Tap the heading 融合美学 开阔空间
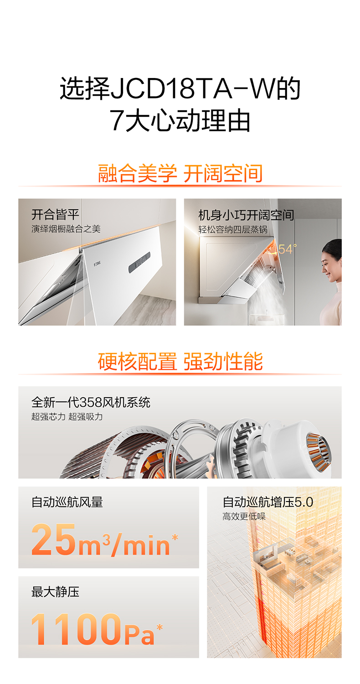pos(180,173)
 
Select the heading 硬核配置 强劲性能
pos(180,361)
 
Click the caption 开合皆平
pos(55,214)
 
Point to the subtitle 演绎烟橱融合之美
pos(66,229)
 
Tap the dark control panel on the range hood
pos(139,260)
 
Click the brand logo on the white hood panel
pos(98,263)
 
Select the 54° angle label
pos(288,249)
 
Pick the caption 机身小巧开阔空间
pos(246,215)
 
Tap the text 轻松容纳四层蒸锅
pos(233,229)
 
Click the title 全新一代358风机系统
pos(91,402)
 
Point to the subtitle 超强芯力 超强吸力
pos(67,416)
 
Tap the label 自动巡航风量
pos(67,502)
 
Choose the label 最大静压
pos(55,592)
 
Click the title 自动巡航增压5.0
pos(268,502)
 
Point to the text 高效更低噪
pos(244,516)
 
